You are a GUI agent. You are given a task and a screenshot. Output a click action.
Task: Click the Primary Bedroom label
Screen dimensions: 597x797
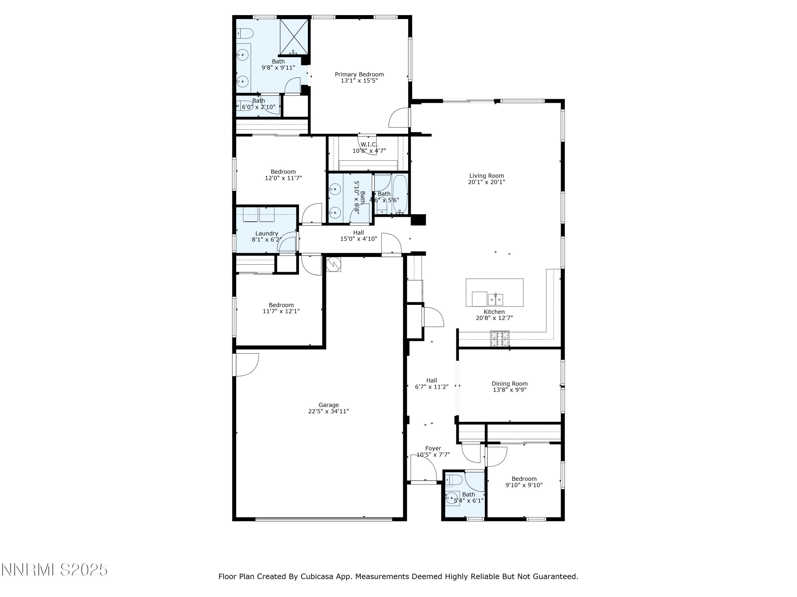pyautogui.click(x=359, y=75)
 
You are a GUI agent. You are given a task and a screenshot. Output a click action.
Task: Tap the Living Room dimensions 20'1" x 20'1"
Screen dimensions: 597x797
pyautogui.click(x=486, y=182)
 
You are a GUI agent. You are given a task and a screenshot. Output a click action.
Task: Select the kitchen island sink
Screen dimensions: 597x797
pyautogui.click(x=495, y=299)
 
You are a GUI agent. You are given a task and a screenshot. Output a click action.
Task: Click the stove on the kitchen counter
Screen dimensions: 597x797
pyautogui.click(x=499, y=339)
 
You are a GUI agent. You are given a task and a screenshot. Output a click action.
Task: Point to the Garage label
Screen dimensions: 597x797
pyautogui.click(x=328, y=405)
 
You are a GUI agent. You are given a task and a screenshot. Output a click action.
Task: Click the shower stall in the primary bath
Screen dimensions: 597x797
pyautogui.click(x=294, y=36)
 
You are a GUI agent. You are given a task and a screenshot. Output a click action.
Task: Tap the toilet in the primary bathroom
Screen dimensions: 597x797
pyautogui.click(x=245, y=33)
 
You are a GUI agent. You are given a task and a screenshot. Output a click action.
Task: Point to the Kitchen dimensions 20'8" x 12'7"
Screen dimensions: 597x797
pyautogui.click(x=494, y=318)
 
